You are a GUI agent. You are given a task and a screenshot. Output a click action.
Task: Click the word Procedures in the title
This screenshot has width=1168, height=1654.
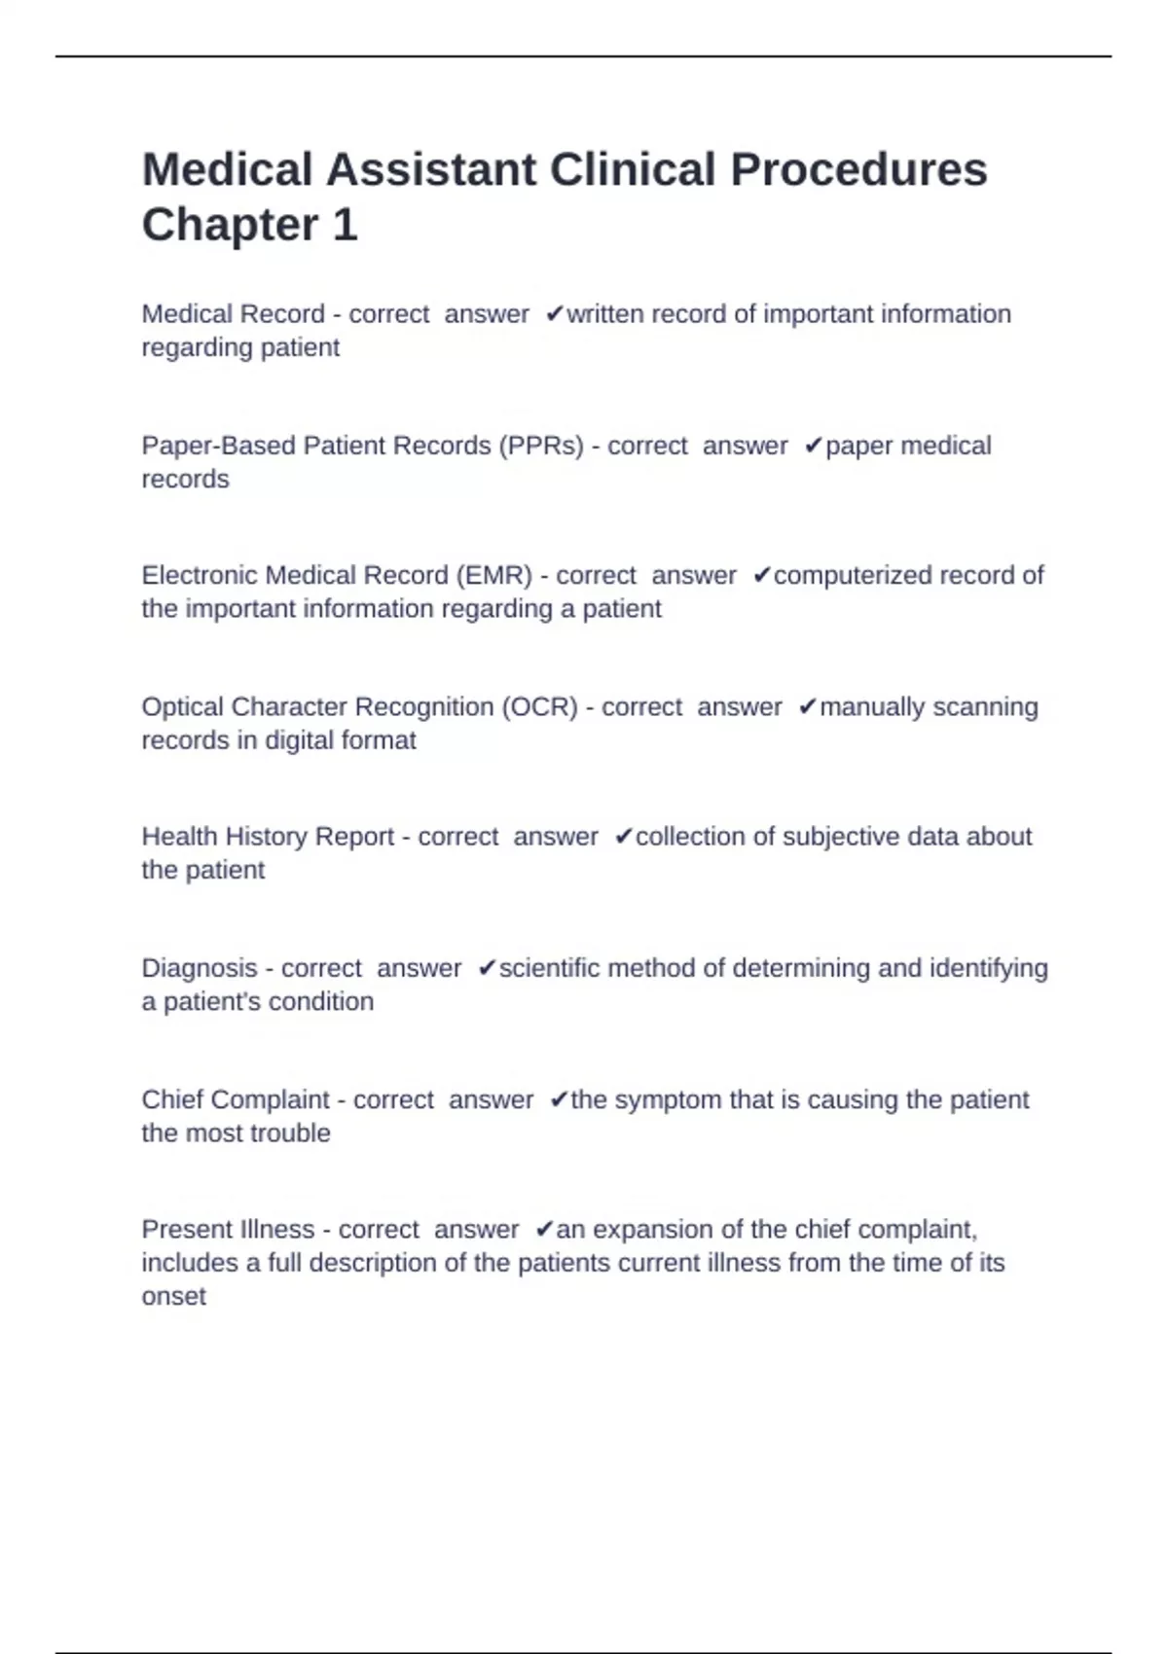[858, 170]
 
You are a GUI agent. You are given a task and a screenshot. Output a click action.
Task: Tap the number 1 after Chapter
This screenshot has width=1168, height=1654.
[345, 225]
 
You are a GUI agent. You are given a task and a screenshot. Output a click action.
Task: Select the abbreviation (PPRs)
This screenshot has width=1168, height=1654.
[541, 446]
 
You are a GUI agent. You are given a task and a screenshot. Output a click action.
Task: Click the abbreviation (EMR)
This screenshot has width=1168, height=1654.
[493, 576]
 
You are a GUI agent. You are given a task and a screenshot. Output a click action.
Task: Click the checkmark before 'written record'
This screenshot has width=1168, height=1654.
[555, 314]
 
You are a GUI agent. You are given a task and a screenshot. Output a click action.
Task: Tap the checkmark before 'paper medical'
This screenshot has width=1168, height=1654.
[814, 446]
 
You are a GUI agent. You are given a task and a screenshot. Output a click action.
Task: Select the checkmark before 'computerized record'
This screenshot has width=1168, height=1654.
[762, 576]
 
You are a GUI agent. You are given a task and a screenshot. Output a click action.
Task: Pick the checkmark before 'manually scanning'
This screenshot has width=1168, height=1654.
[808, 706]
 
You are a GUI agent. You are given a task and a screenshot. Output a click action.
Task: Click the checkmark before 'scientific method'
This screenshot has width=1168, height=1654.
[487, 968]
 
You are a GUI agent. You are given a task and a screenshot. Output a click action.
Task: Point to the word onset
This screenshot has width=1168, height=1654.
[173, 1296]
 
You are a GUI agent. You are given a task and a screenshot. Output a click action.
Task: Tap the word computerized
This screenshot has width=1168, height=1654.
[839, 576]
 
